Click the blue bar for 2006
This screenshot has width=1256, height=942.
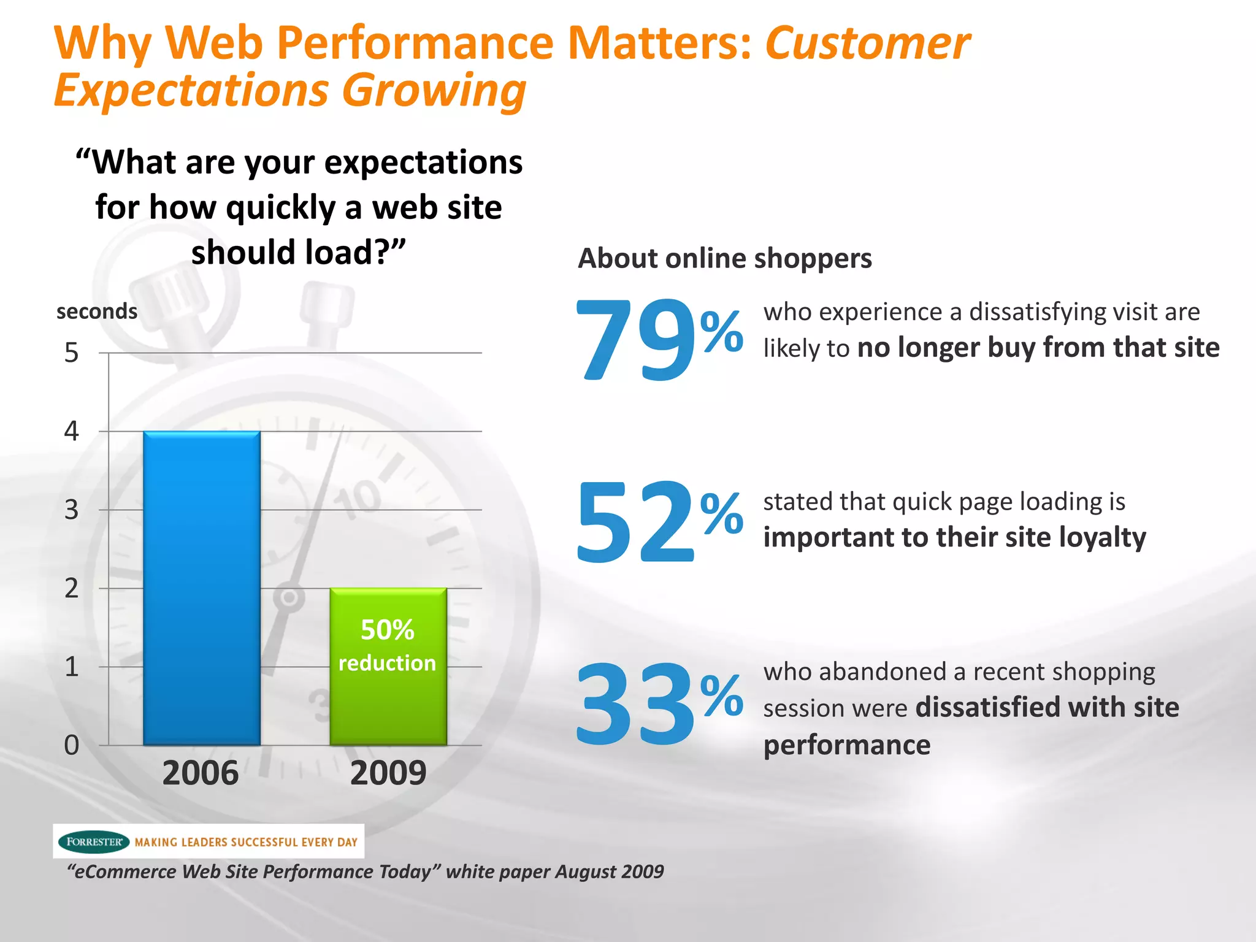point(202,552)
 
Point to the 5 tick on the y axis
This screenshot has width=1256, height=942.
point(72,353)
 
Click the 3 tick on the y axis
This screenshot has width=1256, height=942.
point(72,510)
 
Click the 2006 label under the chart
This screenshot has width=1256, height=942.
point(201,773)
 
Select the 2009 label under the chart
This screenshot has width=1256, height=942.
point(388,773)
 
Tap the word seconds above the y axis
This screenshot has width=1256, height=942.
point(97,312)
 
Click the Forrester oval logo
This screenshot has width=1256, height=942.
point(94,841)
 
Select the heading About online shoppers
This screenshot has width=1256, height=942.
point(725,258)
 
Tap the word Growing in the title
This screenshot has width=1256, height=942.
point(434,90)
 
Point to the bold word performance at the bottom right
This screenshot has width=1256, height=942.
point(847,745)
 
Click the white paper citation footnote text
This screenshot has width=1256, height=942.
point(366,871)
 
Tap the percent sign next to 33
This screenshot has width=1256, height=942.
point(722,696)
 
